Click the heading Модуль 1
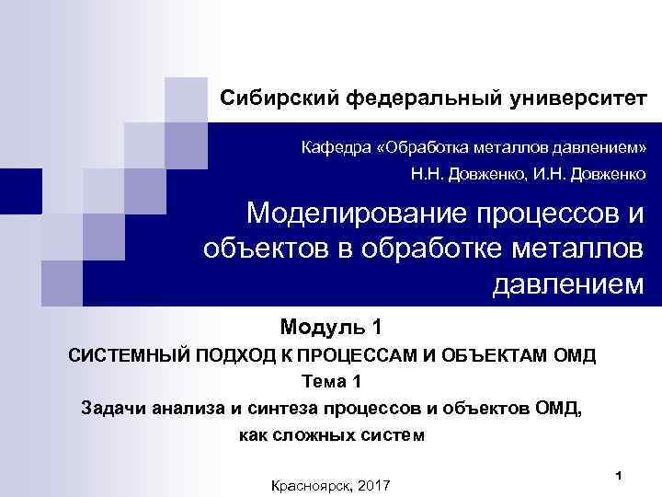point(330,326)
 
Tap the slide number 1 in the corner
point(620,474)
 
